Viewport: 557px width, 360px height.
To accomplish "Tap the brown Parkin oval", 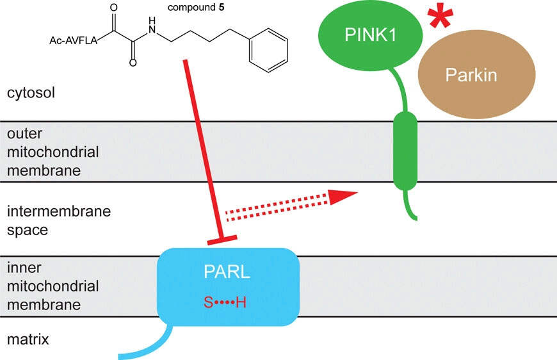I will (x=463, y=76).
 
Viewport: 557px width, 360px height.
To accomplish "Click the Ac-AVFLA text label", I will (x=73, y=42).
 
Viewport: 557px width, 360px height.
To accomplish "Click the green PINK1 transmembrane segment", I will (x=405, y=151).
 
